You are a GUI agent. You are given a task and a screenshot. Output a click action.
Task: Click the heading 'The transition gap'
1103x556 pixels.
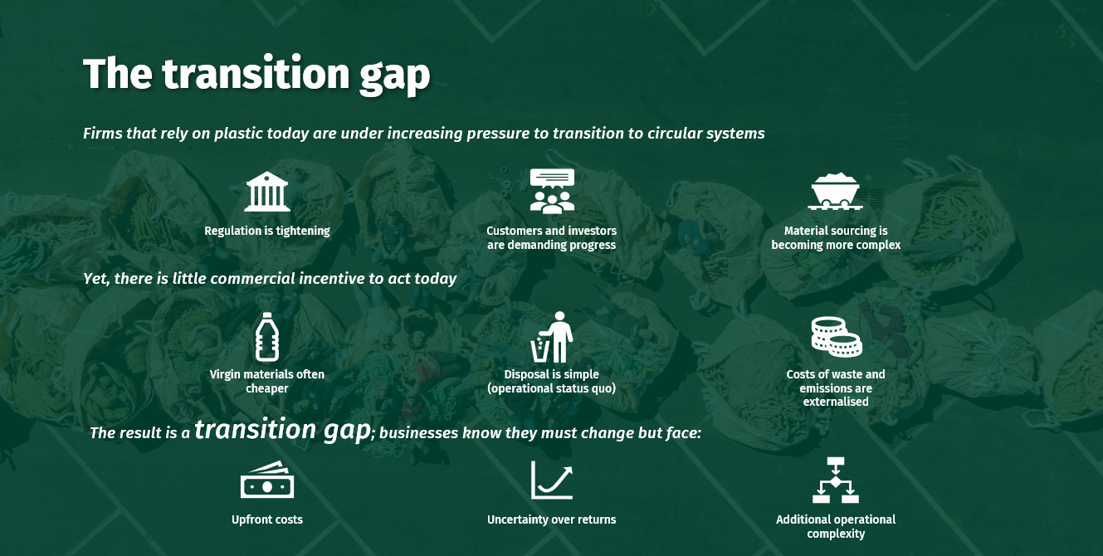click(x=256, y=74)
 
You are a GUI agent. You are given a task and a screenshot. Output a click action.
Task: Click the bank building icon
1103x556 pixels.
click(x=267, y=192)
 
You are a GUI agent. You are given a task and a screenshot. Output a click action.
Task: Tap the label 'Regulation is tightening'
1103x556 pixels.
click(x=267, y=231)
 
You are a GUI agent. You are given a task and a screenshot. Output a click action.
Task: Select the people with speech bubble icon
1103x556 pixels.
click(x=552, y=191)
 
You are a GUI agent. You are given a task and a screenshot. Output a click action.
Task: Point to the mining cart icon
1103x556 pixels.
click(x=836, y=192)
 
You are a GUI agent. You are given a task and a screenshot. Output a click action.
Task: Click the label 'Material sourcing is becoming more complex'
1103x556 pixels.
click(x=836, y=238)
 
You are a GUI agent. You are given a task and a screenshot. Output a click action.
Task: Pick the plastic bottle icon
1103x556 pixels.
click(x=266, y=336)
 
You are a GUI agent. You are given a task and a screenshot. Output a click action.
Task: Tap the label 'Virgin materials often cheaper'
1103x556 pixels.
click(x=267, y=381)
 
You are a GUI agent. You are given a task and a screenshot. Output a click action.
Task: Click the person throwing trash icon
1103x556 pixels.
click(x=553, y=337)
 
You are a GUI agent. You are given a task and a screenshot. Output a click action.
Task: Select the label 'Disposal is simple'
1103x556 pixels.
click(x=552, y=374)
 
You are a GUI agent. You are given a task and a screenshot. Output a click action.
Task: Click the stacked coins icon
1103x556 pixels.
click(x=836, y=336)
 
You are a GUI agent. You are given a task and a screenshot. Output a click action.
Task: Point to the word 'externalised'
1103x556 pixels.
click(x=836, y=402)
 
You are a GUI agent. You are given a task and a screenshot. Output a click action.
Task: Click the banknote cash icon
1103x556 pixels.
click(x=267, y=480)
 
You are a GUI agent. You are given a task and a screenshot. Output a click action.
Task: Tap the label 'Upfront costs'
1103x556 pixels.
click(x=267, y=519)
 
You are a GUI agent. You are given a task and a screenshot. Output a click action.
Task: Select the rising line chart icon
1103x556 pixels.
click(x=552, y=480)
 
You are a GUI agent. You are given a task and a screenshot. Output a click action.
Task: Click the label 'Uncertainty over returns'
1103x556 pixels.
click(x=552, y=519)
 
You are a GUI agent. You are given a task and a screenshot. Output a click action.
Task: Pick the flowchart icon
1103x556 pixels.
click(x=836, y=480)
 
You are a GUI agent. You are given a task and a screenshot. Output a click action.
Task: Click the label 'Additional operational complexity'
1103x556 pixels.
click(x=836, y=526)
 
